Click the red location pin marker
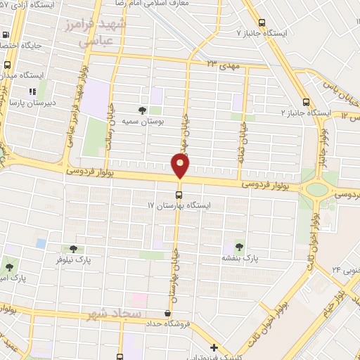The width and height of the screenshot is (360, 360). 180,166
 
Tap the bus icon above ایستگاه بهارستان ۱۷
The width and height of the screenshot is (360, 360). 179,195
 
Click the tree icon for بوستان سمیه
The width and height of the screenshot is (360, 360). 143,110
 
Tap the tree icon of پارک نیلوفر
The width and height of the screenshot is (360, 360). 73,248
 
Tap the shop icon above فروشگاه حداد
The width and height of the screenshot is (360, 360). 167,314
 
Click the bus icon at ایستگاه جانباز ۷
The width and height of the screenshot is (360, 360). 262,22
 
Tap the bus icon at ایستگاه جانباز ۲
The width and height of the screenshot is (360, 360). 304,101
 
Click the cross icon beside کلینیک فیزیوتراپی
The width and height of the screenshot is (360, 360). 214,347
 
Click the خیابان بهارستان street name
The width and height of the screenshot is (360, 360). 172,267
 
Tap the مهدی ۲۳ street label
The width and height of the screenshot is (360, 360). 221,64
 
